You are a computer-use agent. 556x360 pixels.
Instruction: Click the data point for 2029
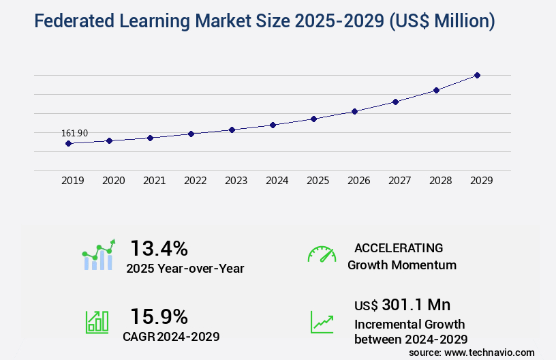point(477,75)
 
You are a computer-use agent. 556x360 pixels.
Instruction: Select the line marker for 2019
point(68,143)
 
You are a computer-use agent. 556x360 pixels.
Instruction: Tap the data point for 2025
point(313,119)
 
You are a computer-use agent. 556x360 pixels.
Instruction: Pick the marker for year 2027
point(395,102)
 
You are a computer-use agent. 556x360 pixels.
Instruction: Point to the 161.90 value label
point(74,133)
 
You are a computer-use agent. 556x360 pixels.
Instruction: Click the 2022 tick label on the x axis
point(195,181)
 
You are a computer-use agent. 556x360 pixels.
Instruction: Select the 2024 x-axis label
point(277,181)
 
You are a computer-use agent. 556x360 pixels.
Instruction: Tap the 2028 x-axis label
point(440,181)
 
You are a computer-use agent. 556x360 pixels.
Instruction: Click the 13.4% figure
point(159,247)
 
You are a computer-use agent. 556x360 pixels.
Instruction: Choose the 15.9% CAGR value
point(159,316)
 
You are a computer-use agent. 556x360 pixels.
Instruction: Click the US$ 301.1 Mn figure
point(402,305)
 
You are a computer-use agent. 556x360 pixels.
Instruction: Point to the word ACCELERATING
point(399,247)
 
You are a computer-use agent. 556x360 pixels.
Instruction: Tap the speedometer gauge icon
point(322,254)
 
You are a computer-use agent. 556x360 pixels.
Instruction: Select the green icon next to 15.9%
point(97,322)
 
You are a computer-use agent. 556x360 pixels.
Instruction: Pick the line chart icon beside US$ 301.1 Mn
point(322,322)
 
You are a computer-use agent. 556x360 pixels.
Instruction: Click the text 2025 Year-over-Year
point(185,268)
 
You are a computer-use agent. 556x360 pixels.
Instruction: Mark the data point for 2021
point(150,138)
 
